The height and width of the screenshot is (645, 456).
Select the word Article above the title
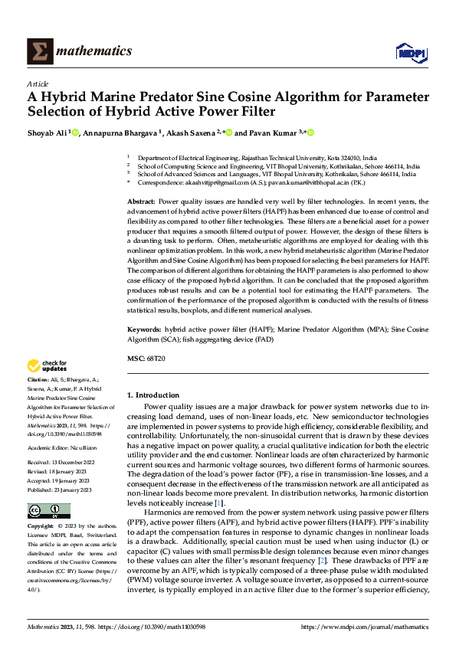(38, 83)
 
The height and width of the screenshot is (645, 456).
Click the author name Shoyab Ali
(47, 133)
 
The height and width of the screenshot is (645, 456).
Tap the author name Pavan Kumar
(273, 133)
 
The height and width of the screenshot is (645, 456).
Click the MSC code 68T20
(157, 359)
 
